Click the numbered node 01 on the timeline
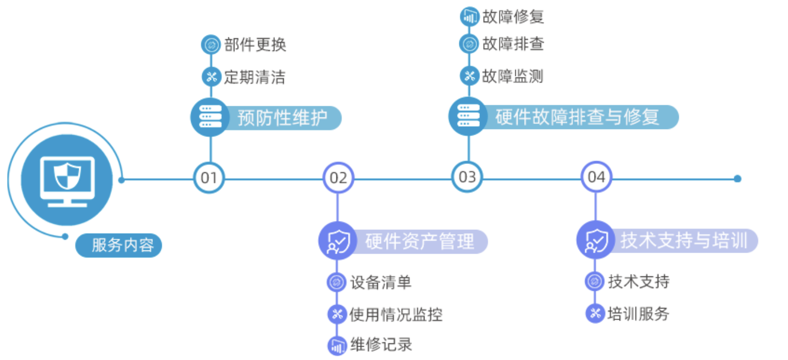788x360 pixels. pos(209,178)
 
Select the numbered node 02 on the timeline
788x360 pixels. pos(338,178)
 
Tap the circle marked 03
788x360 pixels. pos(467,177)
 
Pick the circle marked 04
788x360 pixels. pos(596,177)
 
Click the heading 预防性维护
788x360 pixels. pos(282,117)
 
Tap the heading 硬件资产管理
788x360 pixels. pos(419,241)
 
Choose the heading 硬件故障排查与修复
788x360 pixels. pos(577,117)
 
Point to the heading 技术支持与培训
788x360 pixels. pos(684,241)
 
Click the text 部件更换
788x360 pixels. pos(255,45)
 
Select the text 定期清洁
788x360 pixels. pos(254,77)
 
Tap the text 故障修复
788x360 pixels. pos(513,17)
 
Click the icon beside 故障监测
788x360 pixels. pos(469,76)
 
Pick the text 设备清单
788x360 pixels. pos(381,282)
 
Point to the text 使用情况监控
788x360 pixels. pos(396,315)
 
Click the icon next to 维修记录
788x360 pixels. pos(336,346)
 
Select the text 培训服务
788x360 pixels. pos(638,314)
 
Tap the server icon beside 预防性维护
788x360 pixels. pos(210,117)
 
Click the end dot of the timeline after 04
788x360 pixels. pos(737,178)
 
